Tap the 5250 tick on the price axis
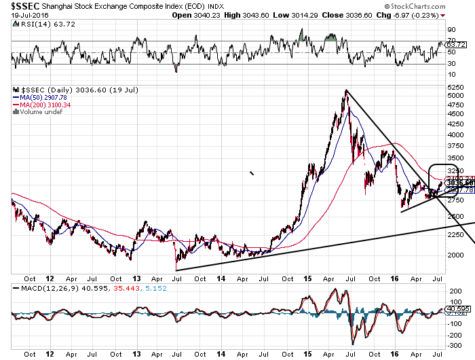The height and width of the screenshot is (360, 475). [455, 88]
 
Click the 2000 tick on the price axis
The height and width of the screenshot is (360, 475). [455, 274]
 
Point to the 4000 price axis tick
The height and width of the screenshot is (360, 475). [455, 125]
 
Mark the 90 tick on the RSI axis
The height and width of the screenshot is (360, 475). [451, 31]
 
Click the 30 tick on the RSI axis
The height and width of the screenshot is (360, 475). [451, 65]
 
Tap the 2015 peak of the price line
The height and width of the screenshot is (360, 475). [346, 91]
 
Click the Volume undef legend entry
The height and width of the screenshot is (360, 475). [37, 111]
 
